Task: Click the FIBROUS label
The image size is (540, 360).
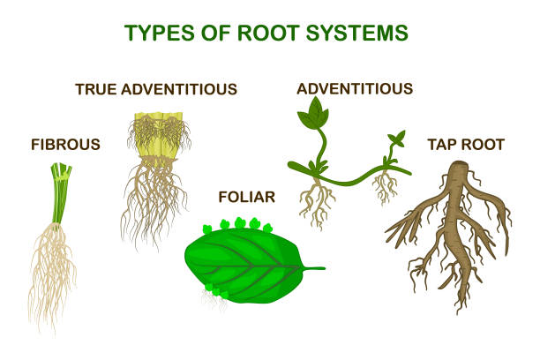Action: [x=66, y=143]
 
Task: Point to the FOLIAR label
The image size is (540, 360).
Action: [x=247, y=196]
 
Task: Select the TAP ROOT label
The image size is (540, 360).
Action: [x=465, y=143]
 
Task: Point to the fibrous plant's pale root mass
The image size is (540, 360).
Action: [x=55, y=274]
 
